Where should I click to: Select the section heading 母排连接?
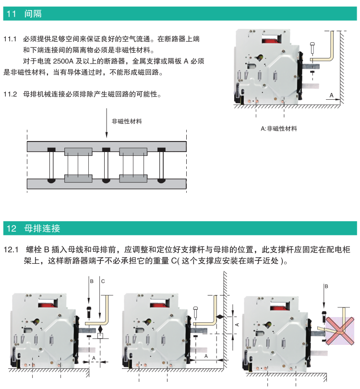click(42, 228)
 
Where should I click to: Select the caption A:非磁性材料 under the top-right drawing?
click(278, 129)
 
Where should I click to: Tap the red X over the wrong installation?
click(341, 326)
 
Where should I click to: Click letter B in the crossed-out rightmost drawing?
click(326, 286)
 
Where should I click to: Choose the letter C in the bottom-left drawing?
click(102, 280)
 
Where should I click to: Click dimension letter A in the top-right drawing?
click(331, 95)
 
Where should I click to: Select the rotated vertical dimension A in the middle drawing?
click(237, 325)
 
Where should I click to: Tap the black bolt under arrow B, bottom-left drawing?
click(88, 312)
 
